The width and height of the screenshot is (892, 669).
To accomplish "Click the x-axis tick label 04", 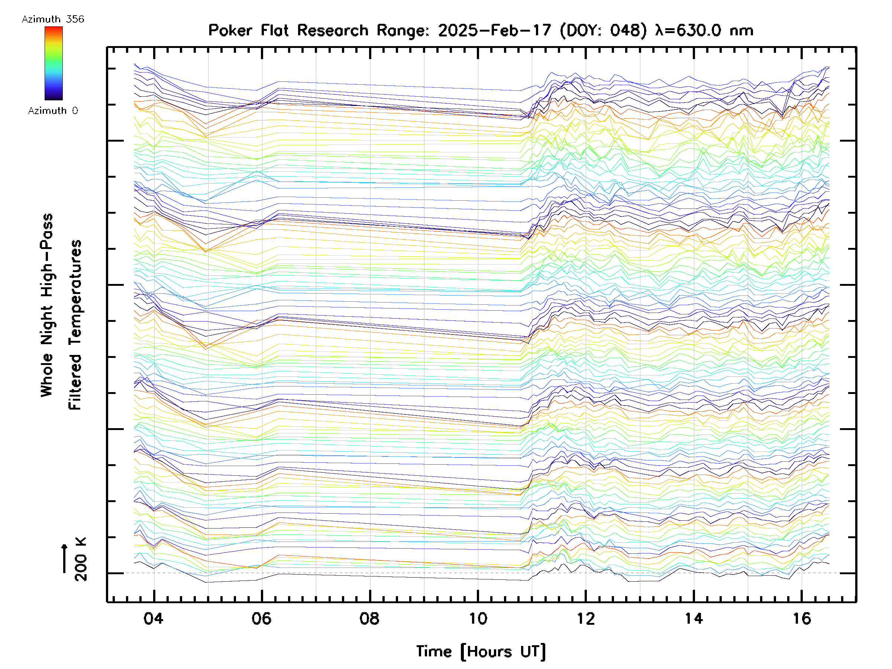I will [153, 618].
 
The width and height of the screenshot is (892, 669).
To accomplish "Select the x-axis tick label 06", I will [261, 618].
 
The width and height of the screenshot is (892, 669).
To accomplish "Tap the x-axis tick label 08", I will [369, 618].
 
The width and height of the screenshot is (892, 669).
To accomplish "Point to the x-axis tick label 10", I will [478, 618].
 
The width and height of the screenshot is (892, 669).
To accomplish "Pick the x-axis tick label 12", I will [585, 618].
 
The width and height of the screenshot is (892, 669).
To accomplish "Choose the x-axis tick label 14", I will [694, 618].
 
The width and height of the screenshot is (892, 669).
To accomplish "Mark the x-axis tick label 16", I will [802, 618].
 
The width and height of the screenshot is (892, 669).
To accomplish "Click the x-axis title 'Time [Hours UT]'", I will [481, 652].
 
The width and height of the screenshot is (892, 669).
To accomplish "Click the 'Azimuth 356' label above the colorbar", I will [53, 19].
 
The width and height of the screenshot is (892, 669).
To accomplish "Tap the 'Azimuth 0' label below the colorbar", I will [53, 110].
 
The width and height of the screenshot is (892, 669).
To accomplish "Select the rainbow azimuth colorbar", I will [54, 63].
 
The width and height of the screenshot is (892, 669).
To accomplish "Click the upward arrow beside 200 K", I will [65, 558].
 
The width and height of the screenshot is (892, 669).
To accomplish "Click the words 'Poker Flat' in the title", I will [248, 30].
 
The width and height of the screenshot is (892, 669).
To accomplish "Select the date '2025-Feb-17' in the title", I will [494, 30].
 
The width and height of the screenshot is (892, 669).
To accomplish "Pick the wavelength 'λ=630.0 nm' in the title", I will [704, 30].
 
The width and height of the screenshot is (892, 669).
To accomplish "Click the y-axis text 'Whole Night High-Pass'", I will [47, 305].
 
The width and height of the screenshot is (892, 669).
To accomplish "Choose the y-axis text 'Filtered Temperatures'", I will [75, 325].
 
